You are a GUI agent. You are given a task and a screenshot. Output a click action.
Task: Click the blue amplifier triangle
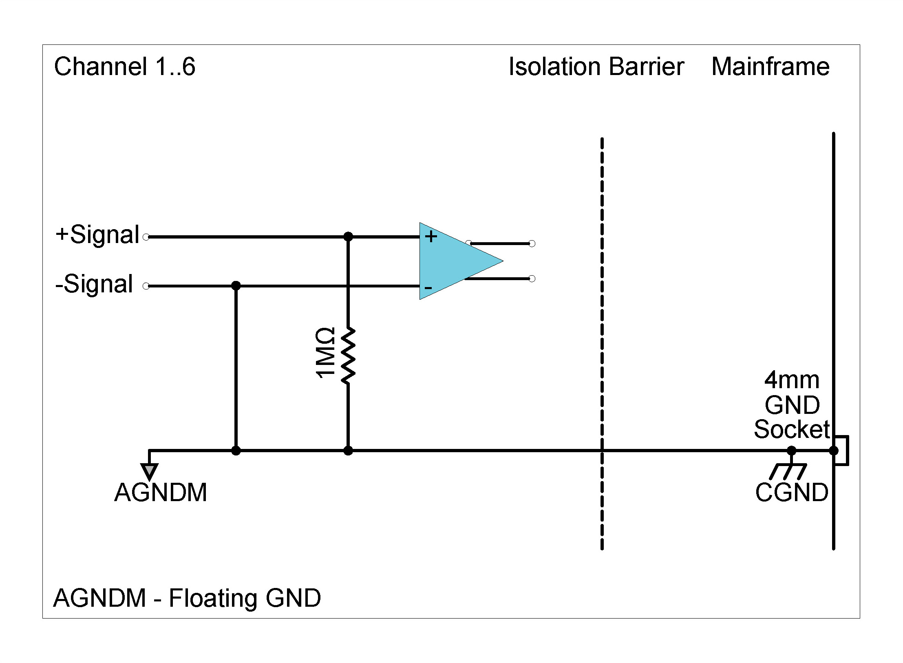(453, 261)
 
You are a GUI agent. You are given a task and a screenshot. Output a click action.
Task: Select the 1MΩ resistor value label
(325, 353)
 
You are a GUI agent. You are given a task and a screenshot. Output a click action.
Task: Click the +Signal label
(98, 235)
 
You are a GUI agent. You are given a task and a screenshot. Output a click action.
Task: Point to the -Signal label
(94, 284)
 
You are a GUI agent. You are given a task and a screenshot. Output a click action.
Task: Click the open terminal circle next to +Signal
(146, 237)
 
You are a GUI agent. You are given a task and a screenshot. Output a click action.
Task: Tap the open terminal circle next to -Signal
(146, 286)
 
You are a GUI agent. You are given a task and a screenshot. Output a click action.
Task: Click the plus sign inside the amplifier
(431, 236)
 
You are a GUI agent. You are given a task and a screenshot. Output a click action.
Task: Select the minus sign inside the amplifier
(428, 288)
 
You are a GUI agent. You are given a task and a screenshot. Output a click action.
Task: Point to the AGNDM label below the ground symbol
(161, 493)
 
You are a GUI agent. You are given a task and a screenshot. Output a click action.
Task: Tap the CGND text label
(791, 493)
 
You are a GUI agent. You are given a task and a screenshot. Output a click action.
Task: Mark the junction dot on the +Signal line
(348, 236)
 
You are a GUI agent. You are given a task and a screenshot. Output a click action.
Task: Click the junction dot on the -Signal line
(236, 286)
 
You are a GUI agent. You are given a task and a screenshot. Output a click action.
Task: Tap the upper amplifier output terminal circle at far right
(532, 243)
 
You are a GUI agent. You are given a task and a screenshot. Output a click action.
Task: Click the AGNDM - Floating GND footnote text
(187, 598)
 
